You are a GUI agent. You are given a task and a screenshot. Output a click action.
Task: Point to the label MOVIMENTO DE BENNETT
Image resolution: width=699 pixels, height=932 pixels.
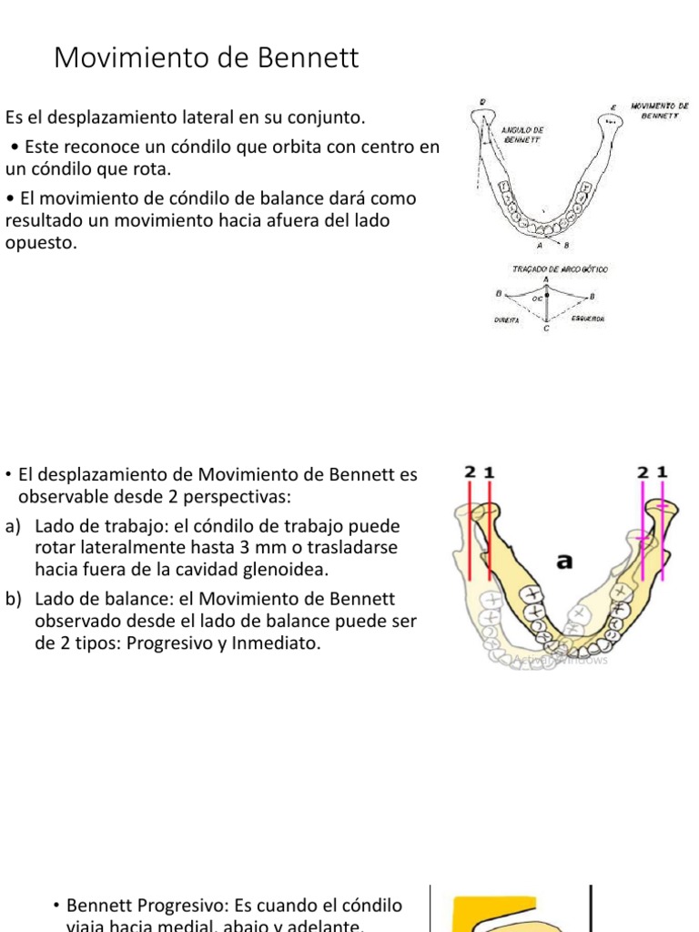pos(659,111)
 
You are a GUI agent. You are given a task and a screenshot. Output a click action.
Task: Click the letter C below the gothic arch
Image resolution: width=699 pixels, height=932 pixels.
pos(546,329)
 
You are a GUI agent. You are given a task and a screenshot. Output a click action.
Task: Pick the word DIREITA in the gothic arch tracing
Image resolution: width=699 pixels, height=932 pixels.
pos(506,319)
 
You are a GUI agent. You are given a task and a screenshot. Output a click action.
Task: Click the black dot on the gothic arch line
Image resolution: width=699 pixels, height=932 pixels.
pos(546,296)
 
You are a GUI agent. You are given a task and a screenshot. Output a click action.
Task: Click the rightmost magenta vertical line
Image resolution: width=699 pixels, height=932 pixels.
pos(663,537)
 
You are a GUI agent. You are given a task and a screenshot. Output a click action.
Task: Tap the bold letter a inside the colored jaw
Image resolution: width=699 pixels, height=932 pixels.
pos(564,562)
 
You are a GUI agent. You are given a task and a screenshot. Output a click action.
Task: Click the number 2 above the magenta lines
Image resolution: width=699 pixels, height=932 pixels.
pos(643,472)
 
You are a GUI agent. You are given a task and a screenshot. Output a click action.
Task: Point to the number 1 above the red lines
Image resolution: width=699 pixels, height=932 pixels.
pos(490,472)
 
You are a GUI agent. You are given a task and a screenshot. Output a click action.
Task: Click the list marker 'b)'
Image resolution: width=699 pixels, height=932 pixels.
pos(12,599)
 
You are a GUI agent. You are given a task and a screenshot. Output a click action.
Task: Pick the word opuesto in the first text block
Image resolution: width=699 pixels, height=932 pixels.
pos(40,243)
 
